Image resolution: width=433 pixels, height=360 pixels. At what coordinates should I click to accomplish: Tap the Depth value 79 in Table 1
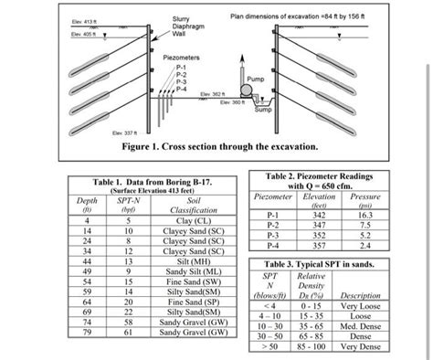[87, 332]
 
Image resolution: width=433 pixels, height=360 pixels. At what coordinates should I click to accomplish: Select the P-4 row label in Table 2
[273, 244]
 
